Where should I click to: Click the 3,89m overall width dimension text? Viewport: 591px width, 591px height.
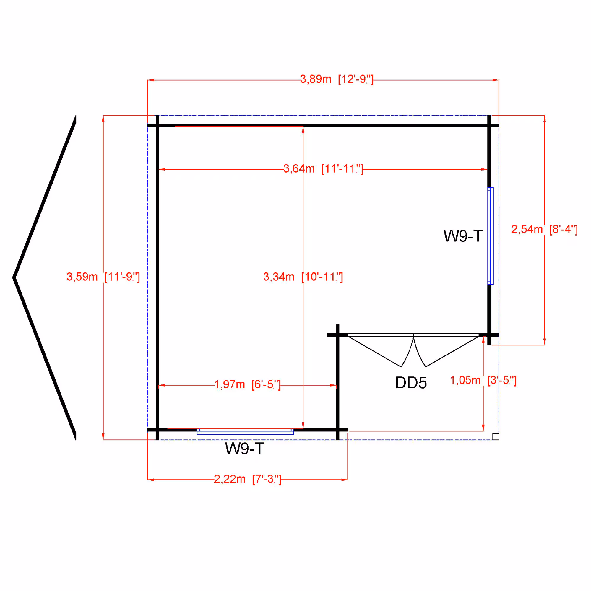point(337,79)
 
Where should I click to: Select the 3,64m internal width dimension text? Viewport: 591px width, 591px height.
point(323,168)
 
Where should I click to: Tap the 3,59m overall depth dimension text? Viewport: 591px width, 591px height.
point(103,277)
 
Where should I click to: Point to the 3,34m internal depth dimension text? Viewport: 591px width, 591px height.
point(303,277)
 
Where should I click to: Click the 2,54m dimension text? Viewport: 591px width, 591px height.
point(544,229)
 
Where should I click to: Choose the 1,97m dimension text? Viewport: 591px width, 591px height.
point(247,384)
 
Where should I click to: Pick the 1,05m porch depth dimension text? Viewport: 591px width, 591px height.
point(483,380)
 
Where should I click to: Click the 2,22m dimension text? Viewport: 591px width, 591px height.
point(247,479)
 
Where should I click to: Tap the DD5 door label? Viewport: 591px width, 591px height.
point(411,383)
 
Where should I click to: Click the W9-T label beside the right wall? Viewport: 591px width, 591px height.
point(463,236)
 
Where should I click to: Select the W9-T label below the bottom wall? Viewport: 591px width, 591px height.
point(244,449)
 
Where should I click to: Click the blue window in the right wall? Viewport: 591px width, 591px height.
point(491,236)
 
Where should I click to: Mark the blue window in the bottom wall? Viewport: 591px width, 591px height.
point(245,432)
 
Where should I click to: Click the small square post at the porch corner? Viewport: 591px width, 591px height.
point(496,436)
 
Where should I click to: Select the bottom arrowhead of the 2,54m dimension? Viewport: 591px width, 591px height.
point(545,341)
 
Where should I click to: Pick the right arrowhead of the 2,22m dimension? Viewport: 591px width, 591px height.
point(345,480)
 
